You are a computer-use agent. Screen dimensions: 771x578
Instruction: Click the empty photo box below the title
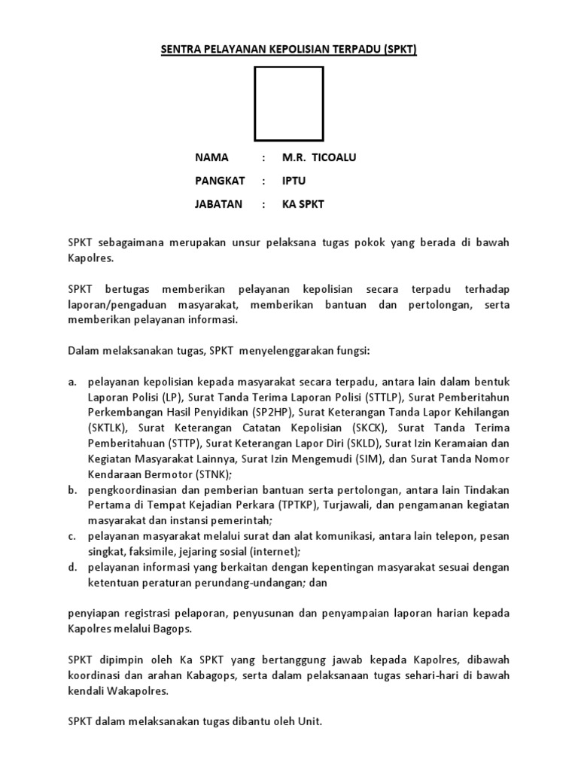(x=289, y=104)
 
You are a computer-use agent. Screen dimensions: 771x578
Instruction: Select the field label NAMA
(x=211, y=158)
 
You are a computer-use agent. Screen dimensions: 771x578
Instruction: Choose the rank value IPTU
(x=294, y=181)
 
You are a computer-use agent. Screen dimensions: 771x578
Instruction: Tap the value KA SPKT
(x=303, y=204)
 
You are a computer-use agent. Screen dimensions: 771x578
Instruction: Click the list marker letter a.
(x=71, y=382)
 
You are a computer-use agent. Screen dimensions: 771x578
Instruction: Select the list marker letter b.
(x=71, y=489)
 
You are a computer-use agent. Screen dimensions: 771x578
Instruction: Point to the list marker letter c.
(x=71, y=536)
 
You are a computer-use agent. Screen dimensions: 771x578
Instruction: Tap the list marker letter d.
(x=71, y=567)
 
